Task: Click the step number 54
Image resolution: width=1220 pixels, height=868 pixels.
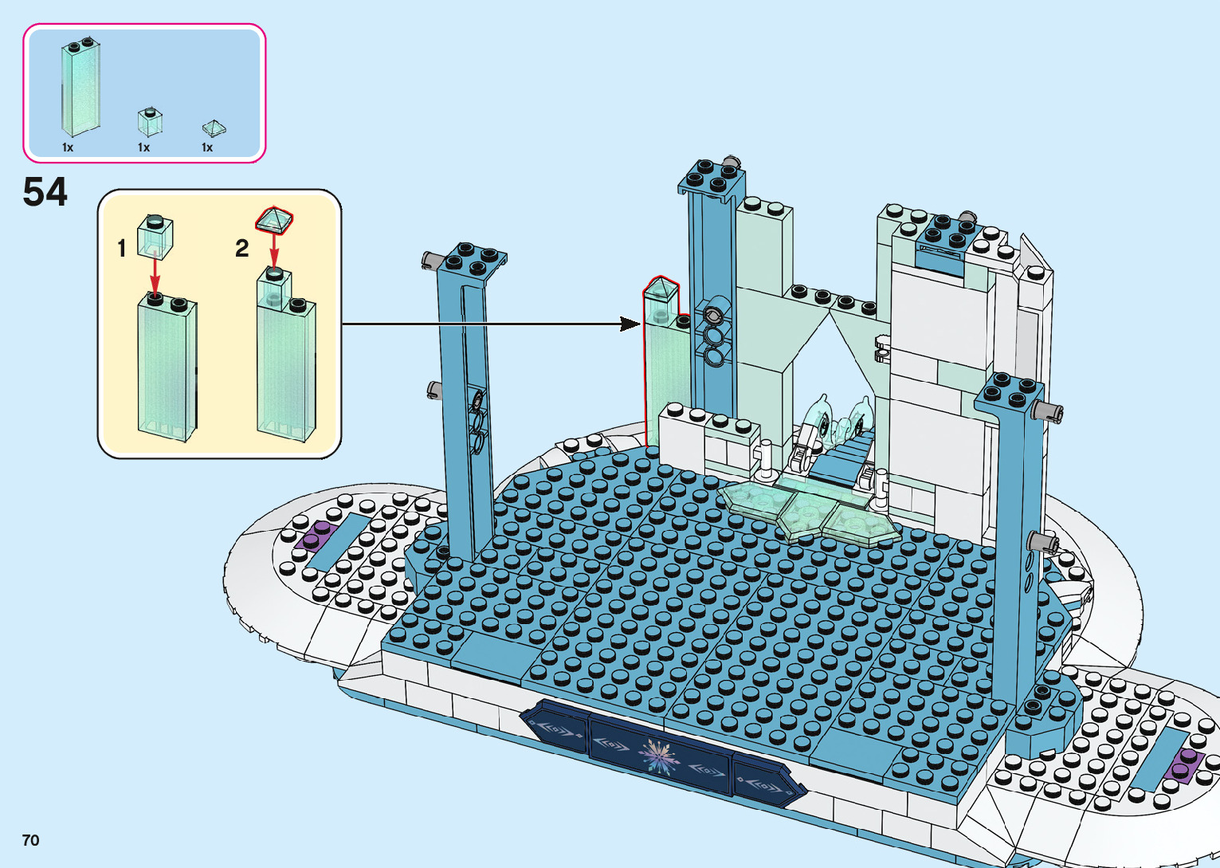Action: point(45,193)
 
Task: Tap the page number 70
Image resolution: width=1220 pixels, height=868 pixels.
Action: point(31,840)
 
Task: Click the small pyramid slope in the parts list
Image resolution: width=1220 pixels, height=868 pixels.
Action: point(214,128)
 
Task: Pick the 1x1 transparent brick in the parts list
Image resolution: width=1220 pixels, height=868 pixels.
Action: point(149,121)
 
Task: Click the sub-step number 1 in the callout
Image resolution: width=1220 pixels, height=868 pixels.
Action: point(122,249)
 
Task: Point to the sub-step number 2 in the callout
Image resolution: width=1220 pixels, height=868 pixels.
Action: point(242,249)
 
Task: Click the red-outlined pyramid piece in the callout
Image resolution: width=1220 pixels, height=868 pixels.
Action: point(275,219)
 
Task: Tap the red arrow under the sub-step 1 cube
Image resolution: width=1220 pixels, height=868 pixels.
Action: point(155,275)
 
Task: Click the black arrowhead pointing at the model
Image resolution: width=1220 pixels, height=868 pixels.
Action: point(630,324)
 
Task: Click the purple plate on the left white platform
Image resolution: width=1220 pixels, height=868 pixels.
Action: point(316,535)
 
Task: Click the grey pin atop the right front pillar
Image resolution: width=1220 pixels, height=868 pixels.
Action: point(1047,411)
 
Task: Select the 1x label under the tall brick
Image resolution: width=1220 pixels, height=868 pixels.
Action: point(68,147)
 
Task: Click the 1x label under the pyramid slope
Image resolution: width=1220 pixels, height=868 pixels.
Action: point(207,147)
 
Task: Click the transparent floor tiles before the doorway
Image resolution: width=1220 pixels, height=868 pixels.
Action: point(805,514)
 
